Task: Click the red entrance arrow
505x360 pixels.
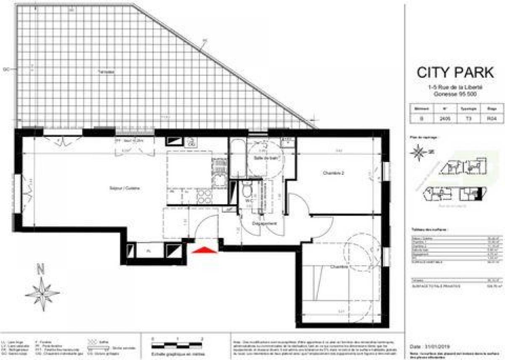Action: [204, 250]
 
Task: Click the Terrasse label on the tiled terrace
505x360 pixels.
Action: [106, 72]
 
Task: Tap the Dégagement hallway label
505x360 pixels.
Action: [264, 224]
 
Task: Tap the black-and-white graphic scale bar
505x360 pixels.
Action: [177, 345]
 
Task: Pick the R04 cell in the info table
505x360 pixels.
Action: [491, 119]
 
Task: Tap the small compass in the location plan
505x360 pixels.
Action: [418, 153]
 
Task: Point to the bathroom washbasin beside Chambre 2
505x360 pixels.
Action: [288, 144]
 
